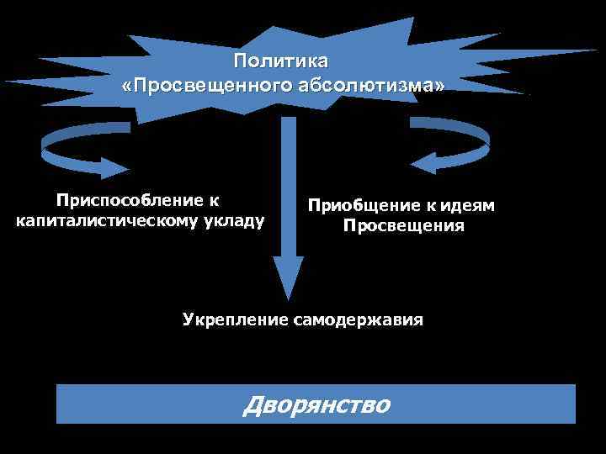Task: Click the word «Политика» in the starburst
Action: pyautogui.click(x=283, y=61)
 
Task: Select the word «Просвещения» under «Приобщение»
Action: pyautogui.click(x=403, y=226)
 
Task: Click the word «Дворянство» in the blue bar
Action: pyautogui.click(x=316, y=405)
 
